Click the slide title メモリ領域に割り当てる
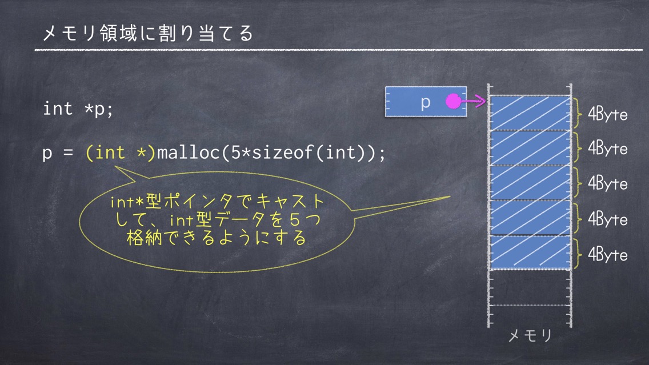point(148,33)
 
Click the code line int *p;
point(78,109)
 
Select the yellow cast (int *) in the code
point(120,153)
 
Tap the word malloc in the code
point(189,153)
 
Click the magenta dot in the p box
point(453,101)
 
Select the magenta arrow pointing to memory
point(472,101)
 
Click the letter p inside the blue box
point(426,102)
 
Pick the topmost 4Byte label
point(607,114)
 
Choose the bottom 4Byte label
point(607,255)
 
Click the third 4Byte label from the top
point(607,183)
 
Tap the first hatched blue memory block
point(530,113)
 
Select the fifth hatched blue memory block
point(530,252)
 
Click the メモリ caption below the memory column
point(530,335)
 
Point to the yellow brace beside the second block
point(576,148)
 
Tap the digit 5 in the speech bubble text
point(294,219)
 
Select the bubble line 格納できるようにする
point(216,238)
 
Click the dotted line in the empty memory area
point(530,306)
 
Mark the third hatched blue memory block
point(530,183)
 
